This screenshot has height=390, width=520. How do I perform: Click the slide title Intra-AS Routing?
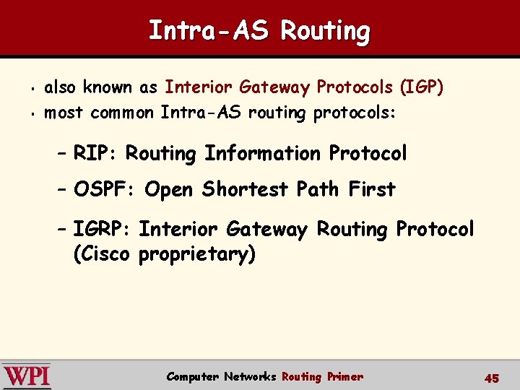259,30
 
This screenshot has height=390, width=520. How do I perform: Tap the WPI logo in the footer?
27,376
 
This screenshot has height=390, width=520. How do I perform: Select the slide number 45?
492,378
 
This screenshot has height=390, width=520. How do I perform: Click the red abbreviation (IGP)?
422,88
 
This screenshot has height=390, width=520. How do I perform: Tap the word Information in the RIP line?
264,154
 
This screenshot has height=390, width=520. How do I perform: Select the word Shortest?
246,190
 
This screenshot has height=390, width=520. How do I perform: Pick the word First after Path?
371,190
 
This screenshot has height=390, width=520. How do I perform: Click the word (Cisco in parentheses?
102,255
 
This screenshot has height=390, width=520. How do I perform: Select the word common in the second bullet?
121,113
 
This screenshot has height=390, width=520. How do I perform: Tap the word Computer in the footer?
193,376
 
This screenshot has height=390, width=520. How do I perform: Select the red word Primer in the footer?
344,376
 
